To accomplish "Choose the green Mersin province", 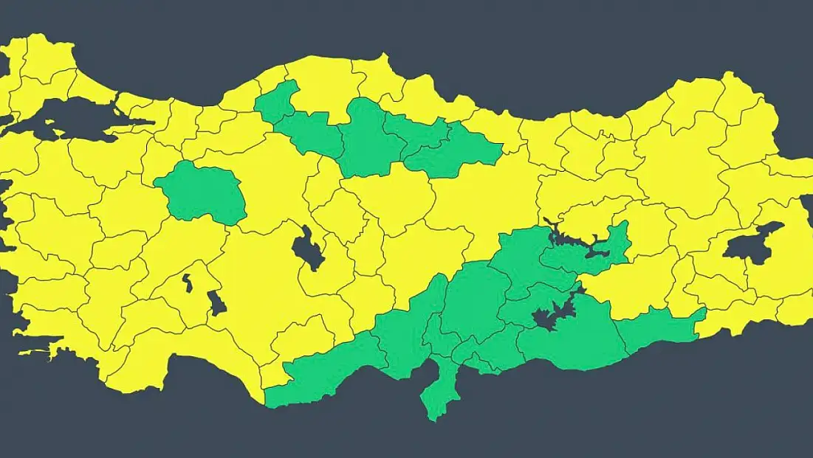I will click(325, 376).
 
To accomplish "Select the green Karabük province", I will click(277, 103).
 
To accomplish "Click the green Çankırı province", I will click(310, 133).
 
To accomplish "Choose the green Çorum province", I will click(369, 140).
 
